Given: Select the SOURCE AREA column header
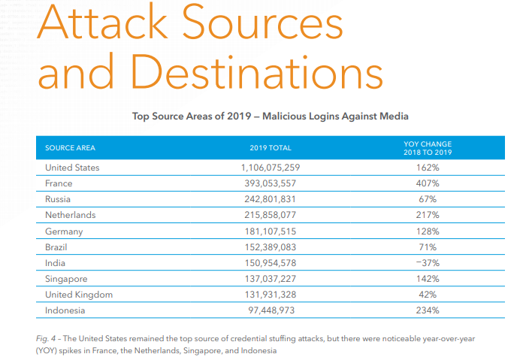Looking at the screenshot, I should (70, 147).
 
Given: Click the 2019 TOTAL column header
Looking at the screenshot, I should (271, 147).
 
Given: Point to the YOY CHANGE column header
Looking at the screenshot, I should (428, 147).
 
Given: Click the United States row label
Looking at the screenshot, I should (72, 168).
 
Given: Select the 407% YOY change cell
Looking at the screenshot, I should (428, 183).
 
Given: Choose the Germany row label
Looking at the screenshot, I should (64, 231).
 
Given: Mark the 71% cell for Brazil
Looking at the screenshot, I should (428, 246).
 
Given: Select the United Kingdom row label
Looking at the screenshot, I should (79, 295).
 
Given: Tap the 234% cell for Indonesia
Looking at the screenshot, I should (428, 309).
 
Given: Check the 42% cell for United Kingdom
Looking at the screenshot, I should (428, 295).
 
